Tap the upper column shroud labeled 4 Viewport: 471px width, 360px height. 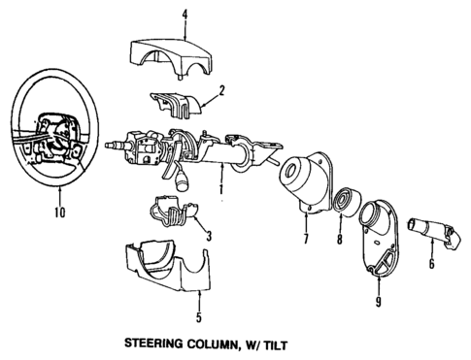pos(169,54)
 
